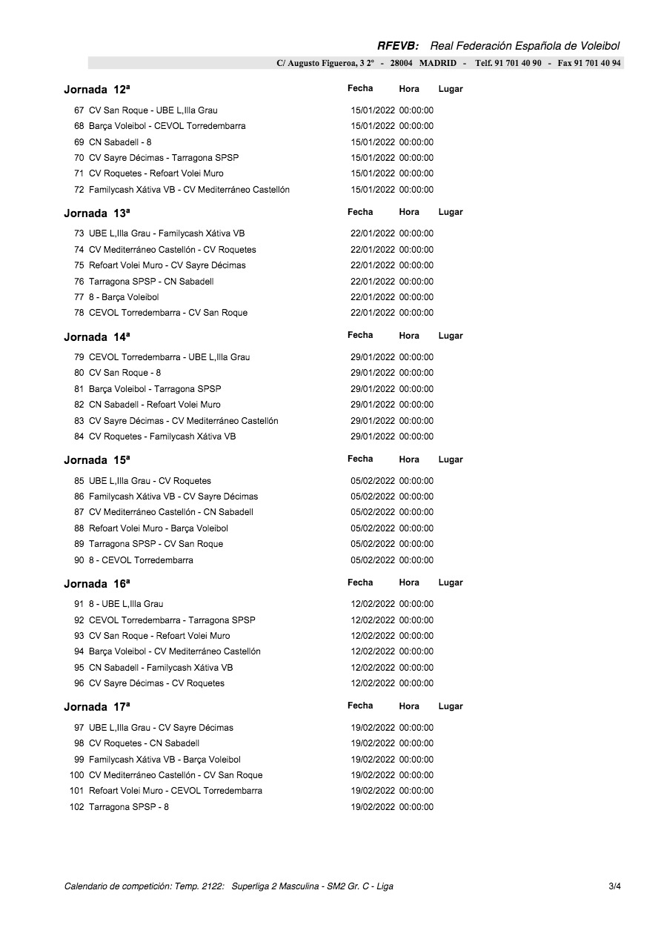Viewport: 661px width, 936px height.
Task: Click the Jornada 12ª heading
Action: point(97,90)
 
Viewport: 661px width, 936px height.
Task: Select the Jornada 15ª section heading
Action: point(97,460)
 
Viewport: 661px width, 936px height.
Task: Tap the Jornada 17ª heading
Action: point(97,707)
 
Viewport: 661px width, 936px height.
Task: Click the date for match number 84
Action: point(373,437)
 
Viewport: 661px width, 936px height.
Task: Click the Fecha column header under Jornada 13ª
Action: point(360,212)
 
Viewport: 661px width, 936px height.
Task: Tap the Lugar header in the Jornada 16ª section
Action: point(451,582)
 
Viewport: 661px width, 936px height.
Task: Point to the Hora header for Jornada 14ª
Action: point(409,336)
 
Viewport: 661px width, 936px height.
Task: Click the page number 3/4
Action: point(614,886)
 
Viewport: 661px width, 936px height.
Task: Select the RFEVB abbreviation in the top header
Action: point(398,46)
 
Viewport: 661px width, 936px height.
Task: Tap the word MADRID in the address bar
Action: point(437,63)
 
